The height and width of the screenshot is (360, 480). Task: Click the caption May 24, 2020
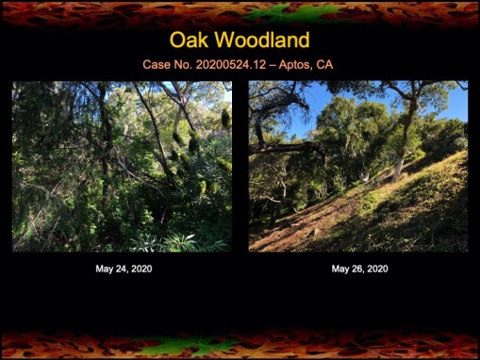click(124, 269)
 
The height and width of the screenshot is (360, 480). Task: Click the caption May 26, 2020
click(359, 269)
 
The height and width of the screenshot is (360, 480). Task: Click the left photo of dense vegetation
click(122, 166)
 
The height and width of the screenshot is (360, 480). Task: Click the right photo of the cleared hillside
click(357, 166)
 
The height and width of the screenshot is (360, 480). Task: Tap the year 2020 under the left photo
click(141, 269)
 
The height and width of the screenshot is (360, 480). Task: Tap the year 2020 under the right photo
click(376, 269)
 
